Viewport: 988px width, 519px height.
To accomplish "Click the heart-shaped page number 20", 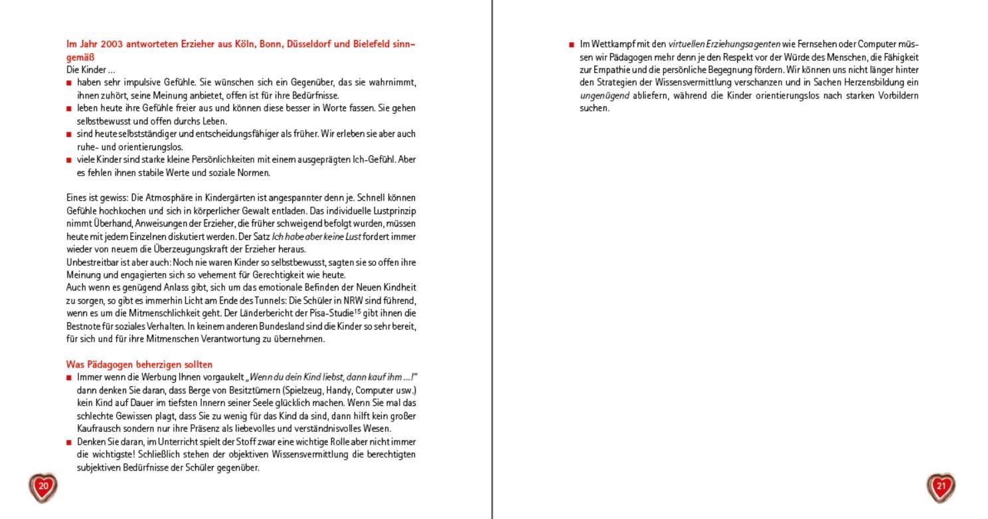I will pos(43,486).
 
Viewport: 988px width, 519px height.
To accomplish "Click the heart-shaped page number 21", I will pos(940,486).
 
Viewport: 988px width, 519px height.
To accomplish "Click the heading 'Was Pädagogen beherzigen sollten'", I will pos(139,364).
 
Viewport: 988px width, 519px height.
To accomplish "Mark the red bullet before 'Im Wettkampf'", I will pos(571,45).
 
